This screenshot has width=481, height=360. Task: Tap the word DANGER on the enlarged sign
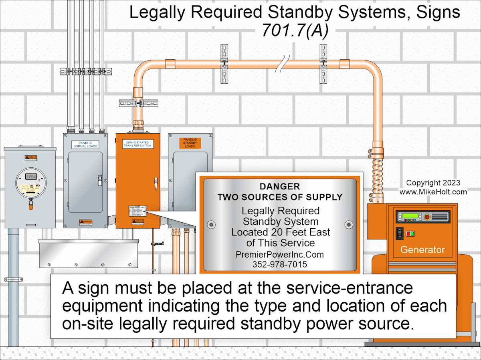[x=279, y=187]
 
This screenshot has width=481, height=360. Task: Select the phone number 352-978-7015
[x=279, y=264]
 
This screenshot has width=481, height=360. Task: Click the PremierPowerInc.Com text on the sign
[x=279, y=255]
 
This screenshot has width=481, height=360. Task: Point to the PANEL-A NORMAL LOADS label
[x=85, y=144]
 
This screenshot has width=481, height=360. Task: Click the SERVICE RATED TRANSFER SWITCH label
[x=138, y=144]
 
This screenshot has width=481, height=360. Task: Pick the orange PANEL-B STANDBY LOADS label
[x=190, y=143]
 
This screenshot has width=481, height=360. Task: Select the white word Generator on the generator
[x=422, y=250]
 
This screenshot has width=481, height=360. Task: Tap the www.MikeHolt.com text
[x=433, y=192]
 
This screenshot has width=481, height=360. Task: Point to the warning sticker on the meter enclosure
[x=31, y=157]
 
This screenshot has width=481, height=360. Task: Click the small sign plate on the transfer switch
[x=137, y=211]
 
